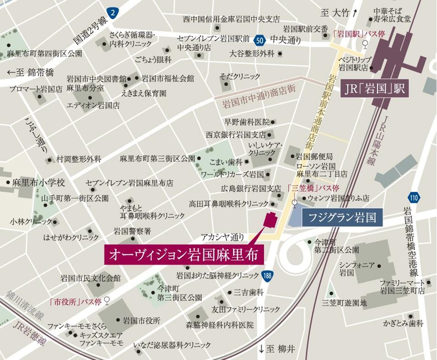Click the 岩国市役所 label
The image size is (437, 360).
point(141,320)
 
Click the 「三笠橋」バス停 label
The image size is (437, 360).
point(313,188)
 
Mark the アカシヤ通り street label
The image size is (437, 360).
point(222,237)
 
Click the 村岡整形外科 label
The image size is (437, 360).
point(78,159)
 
